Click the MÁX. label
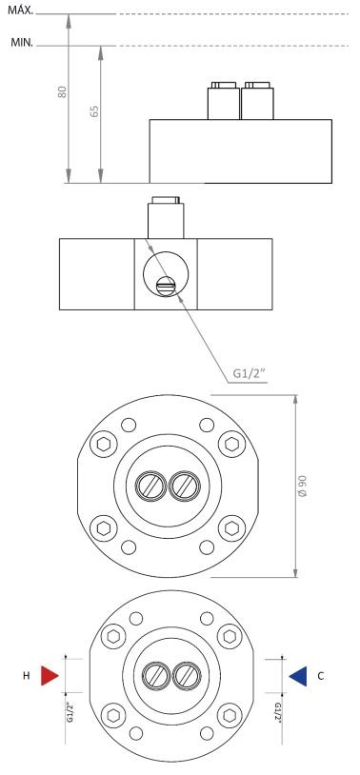click(x=20, y=10)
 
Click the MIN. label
click(x=22, y=43)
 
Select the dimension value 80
click(x=62, y=92)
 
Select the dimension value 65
click(x=94, y=110)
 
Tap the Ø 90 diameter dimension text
click(x=302, y=487)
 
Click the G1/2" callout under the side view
click(x=250, y=373)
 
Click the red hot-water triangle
click(x=50, y=676)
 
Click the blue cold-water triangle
click(x=298, y=676)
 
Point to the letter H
click(x=27, y=676)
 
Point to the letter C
click(x=320, y=676)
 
